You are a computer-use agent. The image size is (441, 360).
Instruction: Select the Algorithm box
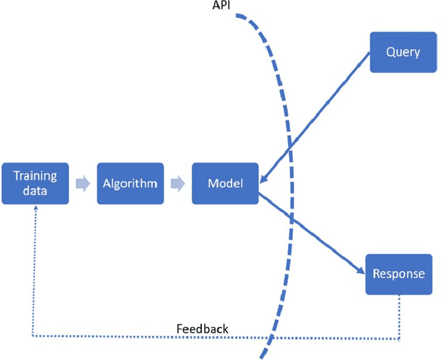pos(130,183)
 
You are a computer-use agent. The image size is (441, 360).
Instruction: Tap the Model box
pos(225,183)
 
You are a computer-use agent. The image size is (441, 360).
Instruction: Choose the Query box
pos(403,52)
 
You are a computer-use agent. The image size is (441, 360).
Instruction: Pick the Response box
pos(399,273)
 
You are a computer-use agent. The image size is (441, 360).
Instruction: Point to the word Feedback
pos(203,328)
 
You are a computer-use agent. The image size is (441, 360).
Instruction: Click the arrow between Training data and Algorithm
pos(83,183)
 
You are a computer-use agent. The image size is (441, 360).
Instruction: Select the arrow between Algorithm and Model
pos(178,183)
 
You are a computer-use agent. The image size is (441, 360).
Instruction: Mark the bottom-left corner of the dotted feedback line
pos(34,337)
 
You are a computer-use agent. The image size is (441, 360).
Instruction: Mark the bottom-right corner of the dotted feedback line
pos(399,338)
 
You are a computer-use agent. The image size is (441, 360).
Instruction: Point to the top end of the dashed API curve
pos(236,16)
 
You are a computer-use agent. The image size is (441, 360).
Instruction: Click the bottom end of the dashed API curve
pos(261,357)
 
